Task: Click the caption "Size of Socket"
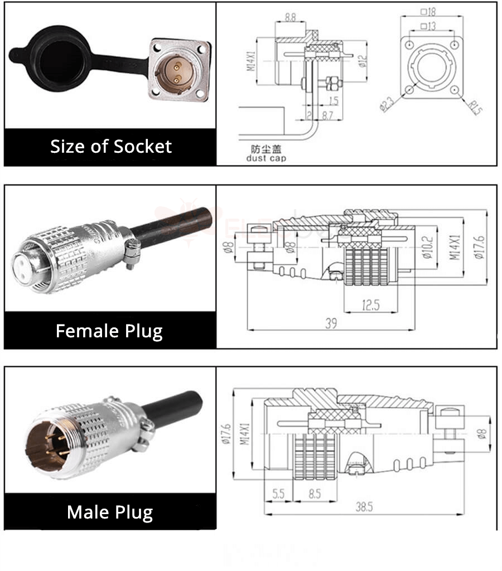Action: [110, 147]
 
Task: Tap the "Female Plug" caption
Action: [109, 331]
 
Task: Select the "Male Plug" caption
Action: [110, 512]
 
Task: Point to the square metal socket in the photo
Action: [179, 72]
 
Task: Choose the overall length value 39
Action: [331, 323]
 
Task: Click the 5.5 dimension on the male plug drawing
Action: [278, 492]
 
